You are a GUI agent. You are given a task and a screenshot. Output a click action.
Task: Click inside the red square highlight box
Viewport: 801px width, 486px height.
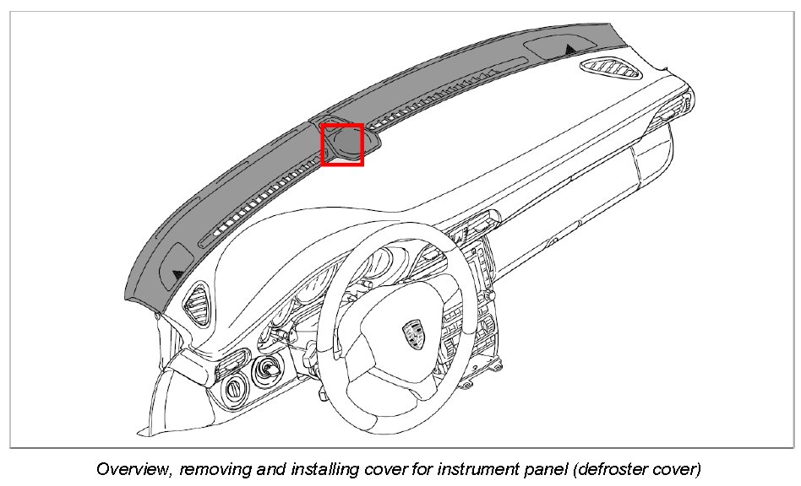(x=342, y=144)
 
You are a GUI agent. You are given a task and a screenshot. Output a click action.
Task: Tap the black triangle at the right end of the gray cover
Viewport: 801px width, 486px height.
(x=572, y=50)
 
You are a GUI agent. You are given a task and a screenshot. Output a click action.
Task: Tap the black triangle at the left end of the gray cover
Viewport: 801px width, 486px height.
(x=177, y=273)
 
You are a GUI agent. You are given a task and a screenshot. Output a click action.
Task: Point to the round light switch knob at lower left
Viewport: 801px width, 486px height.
(x=233, y=389)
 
